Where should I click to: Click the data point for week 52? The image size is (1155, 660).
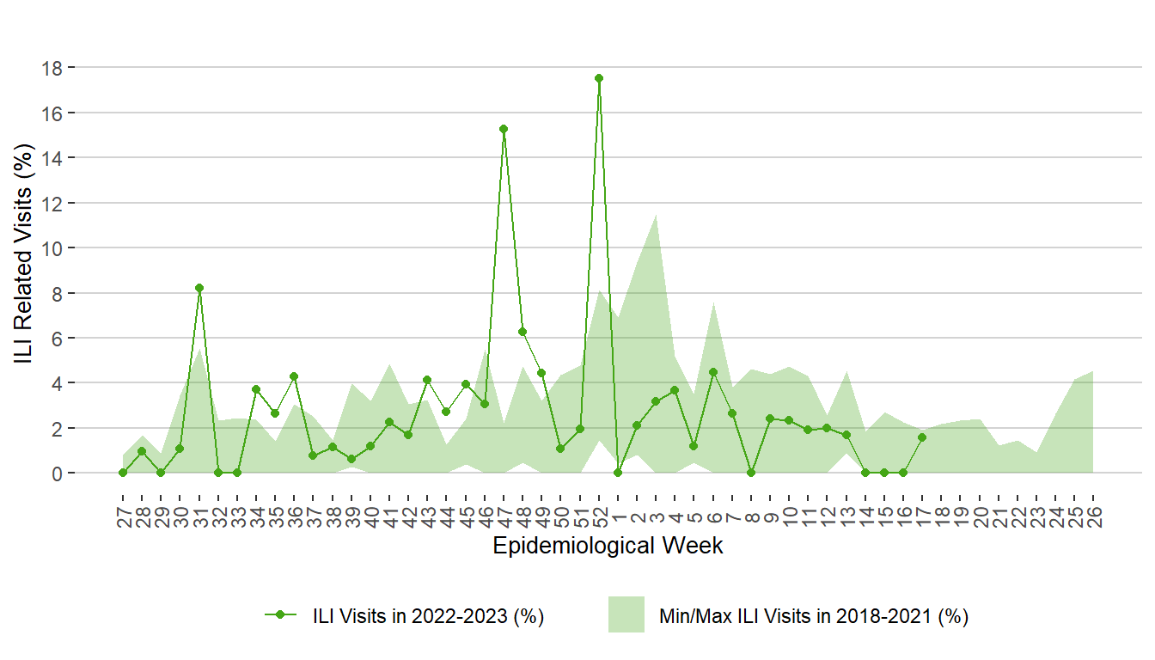point(599,78)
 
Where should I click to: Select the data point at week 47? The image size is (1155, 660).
point(504,129)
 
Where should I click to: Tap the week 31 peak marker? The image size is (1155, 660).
point(199,288)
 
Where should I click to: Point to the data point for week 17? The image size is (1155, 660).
point(922,437)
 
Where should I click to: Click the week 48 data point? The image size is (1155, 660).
point(522,332)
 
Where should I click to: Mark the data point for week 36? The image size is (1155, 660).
point(294,376)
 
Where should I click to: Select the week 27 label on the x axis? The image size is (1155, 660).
point(123,518)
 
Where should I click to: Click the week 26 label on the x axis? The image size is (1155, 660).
point(1093,518)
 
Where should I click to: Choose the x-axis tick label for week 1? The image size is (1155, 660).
point(618,513)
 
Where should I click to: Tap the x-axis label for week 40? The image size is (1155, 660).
point(370,518)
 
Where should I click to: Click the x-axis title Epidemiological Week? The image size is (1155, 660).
point(608,547)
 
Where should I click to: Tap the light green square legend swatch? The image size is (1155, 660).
point(626,614)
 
